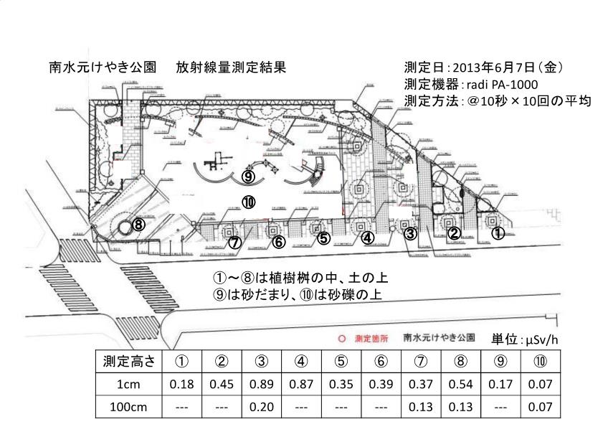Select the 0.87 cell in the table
click(x=300, y=384)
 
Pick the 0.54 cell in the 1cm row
click(x=460, y=384)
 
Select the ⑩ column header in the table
click(x=540, y=360)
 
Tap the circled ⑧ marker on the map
click(x=138, y=225)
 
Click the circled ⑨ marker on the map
click(x=248, y=176)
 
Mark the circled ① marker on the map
click(x=498, y=233)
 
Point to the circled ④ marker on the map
click(x=367, y=238)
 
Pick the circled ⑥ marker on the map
click(x=279, y=242)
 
